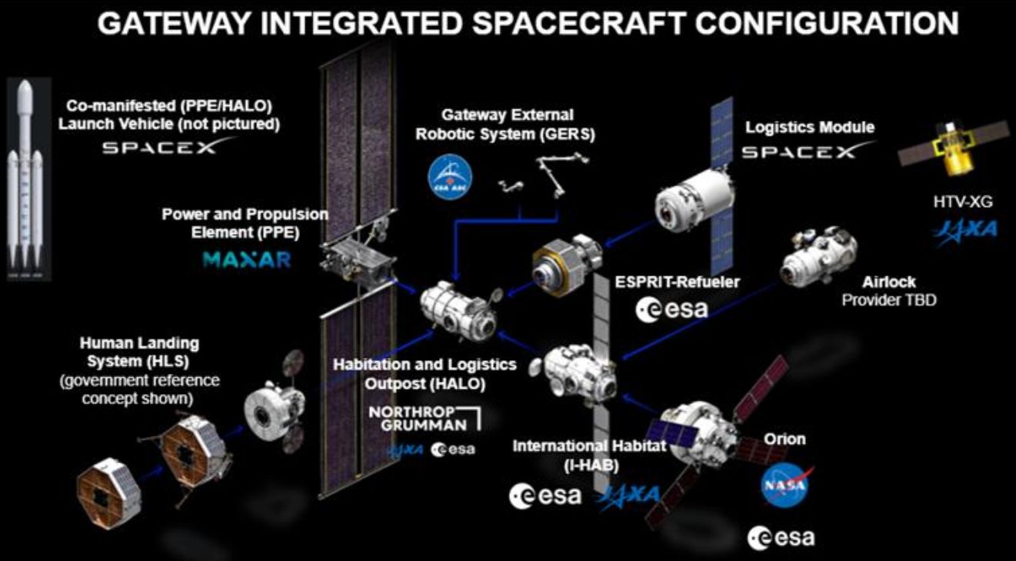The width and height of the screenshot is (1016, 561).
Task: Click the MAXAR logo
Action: (247, 259)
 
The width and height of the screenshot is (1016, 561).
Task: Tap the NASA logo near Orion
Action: (785, 485)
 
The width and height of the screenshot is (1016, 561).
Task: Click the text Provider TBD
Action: (888, 300)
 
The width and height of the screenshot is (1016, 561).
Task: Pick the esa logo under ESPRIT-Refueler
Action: (671, 309)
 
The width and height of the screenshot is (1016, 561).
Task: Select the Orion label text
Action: (784, 439)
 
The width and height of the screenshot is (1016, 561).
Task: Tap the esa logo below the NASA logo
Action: (781, 537)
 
